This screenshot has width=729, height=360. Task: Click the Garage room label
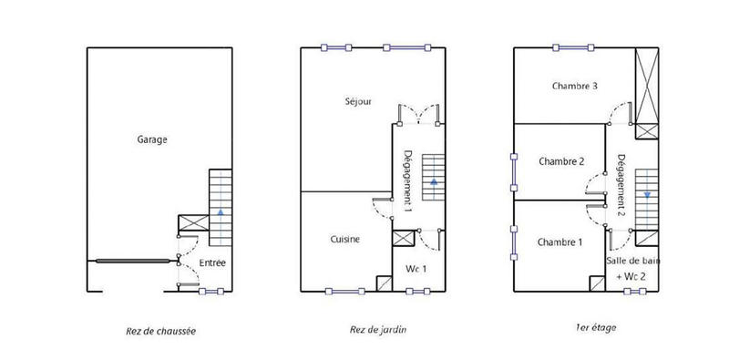click(x=152, y=139)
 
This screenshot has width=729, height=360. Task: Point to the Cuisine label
click(x=344, y=240)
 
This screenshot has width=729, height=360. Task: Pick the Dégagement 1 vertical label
click(x=408, y=180)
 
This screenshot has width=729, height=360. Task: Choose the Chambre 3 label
click(x=574, y=87)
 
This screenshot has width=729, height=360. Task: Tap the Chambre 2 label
click(x=561, y=162)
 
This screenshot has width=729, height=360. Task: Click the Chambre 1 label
click(x=560, y=242)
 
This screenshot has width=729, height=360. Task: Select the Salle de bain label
click(x=631, y=262)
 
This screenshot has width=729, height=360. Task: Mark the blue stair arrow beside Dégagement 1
click(x=432, y=182)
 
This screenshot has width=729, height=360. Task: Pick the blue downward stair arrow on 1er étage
click(x=645, y=194)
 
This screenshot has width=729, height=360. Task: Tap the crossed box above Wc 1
click(x=403, y=239)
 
